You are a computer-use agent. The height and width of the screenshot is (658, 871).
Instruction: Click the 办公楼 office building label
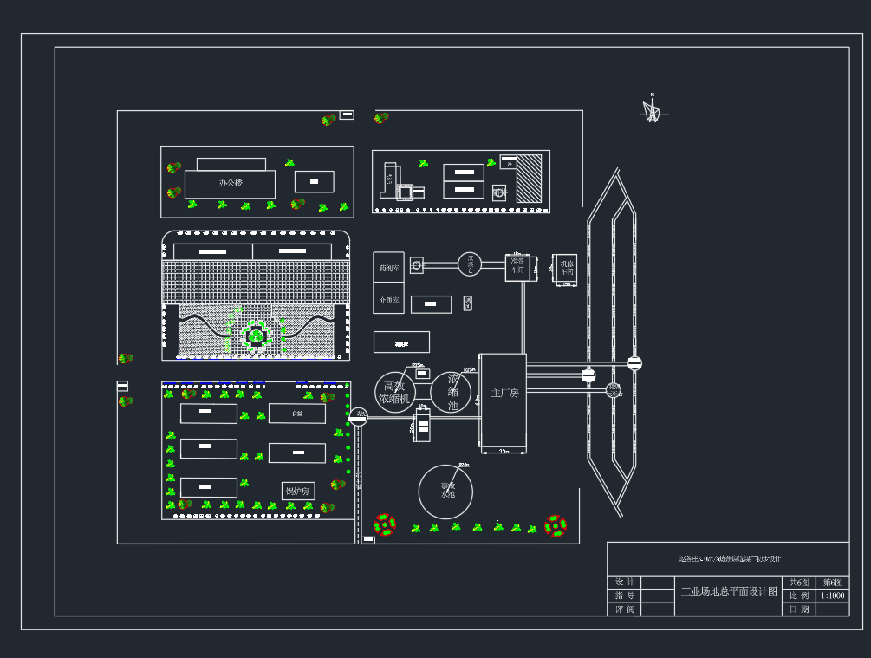[231, 183]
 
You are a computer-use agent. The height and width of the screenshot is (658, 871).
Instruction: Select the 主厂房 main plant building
[504, 393]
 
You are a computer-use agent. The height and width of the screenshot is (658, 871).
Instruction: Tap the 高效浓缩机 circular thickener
[395, 392]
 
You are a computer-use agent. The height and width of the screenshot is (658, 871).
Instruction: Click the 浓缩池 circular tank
[452, 392]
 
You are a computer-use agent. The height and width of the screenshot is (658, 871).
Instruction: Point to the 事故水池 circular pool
[446, 491]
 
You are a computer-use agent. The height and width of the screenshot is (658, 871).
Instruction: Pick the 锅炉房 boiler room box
[296, 491]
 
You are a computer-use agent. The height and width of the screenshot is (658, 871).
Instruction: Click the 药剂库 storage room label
[389, 269]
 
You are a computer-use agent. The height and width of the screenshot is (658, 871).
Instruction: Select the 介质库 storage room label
[389, 300]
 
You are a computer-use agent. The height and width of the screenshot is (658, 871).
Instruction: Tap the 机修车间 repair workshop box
[566, 268]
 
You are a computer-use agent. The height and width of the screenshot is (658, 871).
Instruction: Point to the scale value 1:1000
[832, 596]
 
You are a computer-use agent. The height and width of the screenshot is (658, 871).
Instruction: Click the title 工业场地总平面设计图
[728, 591]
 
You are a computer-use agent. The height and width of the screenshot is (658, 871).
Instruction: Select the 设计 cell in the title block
[624, 582]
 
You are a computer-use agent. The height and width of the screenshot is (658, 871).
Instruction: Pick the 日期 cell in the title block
[798, 609]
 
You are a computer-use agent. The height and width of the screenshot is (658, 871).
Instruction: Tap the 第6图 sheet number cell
[832, 582]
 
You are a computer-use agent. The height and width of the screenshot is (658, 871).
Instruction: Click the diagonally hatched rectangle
[529, 179]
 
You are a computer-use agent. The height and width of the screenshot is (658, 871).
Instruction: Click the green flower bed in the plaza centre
[256, 335]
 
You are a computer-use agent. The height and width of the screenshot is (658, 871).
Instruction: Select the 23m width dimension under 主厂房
[504, 451]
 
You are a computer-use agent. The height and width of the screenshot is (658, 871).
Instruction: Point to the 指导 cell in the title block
[624, 596]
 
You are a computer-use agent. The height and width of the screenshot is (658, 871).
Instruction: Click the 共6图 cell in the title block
[798, 582]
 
